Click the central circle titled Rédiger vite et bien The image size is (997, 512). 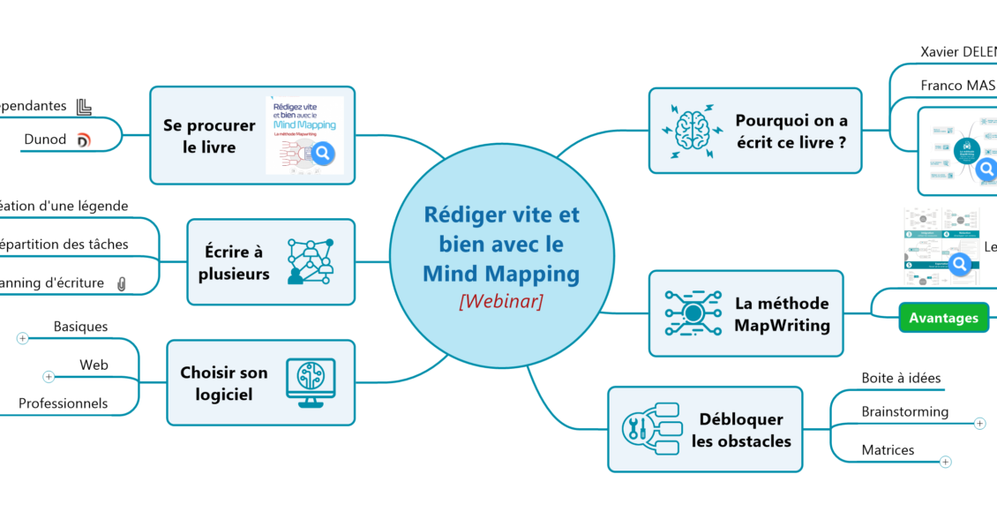pos(501,252)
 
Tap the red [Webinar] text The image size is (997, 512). pos(501,301)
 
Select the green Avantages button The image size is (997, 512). pos(943,318)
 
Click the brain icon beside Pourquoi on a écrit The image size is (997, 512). pos(693,130)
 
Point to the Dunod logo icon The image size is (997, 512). pos(84,139)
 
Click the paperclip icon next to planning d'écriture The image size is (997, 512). pos(122,283)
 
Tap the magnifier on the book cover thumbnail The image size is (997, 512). pos(324,154)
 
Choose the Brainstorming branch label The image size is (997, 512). pos(904,411)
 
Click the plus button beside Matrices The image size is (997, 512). pos(946,461)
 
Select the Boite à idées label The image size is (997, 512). pos(901,378)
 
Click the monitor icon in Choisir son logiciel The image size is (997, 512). pos(310,382)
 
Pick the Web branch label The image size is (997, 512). pos(94,365)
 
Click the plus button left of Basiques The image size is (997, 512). pos(22,337)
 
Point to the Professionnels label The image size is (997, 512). pos(64,403)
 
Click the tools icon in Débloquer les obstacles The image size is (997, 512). pos(650,428)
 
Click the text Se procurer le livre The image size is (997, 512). pos(209,136)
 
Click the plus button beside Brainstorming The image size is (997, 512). pos(979,423)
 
